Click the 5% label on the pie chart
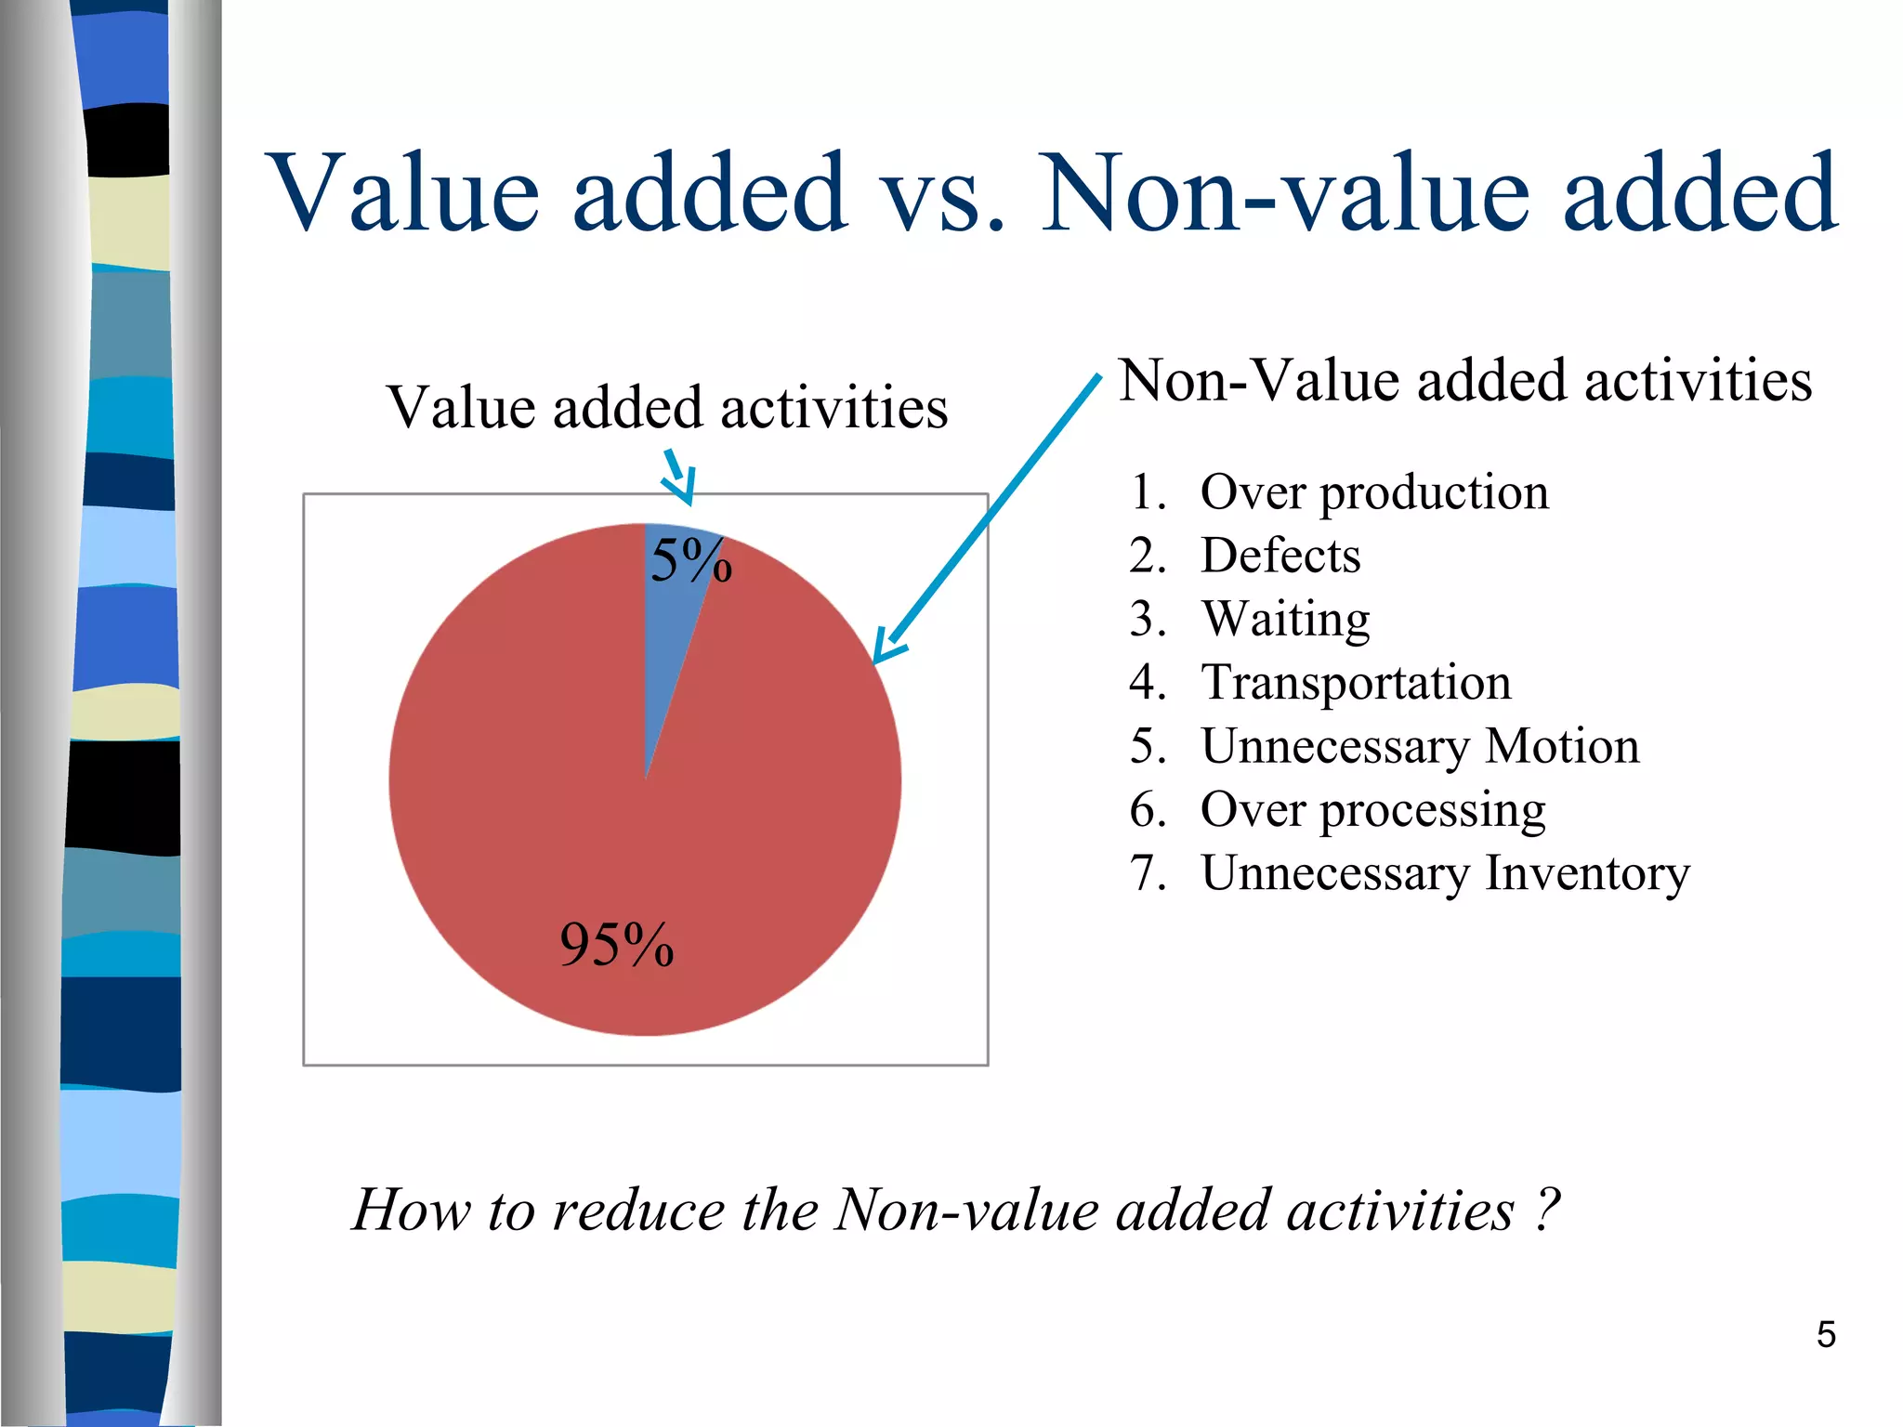pos(690,560)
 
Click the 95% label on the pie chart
pos(616,945)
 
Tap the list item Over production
pos(1374,492)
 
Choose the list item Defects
pos(1280,556)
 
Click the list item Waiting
pos(1285,620)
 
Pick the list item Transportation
pos(1356,683)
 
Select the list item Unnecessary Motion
pos(1420,746)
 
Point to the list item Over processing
pos(1372,810)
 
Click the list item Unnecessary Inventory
pos(1445,873)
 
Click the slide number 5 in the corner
pos(1825,1335)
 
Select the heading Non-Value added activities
pos(1465,380)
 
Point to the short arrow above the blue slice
pos(679,478)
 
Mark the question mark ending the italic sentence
pos(1545,1210)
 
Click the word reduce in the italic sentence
pos(636,1211)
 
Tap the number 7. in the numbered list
pos(1148,873)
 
